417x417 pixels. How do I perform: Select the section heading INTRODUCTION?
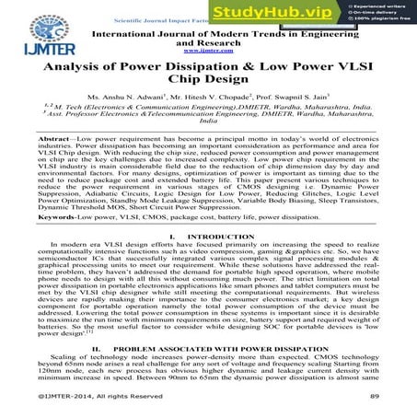[x=214, y=264]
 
